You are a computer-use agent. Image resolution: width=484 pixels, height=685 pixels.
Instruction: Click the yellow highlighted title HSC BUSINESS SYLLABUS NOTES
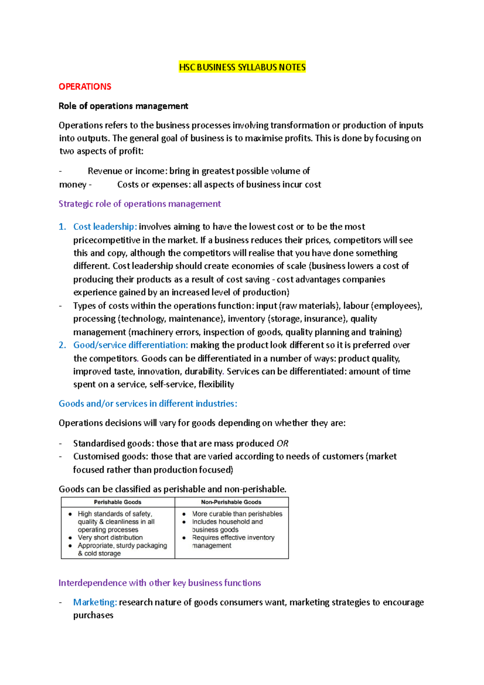(x=242, y=67)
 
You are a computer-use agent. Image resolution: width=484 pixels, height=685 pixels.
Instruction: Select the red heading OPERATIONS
(x=85, y=87)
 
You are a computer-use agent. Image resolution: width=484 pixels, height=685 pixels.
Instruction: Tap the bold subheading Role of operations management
(x=123, y=106)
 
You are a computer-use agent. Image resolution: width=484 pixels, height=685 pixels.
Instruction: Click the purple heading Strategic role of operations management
(x=140, y=204)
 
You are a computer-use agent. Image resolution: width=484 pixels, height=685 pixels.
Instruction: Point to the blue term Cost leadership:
(x=105, y=227)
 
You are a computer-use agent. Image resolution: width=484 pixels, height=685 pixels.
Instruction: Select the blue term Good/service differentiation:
(x=130, y=345)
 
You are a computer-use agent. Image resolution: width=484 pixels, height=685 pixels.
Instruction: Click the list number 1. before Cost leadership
(x=62, y=227)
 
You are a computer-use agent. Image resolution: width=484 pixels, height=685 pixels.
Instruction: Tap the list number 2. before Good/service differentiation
(x=62, y=345)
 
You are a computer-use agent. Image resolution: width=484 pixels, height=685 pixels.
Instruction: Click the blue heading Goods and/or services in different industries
(x=148, y=403)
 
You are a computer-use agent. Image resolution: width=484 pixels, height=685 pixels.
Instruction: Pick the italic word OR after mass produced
(x=282, y=443)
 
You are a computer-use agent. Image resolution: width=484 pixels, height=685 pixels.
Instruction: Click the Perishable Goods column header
(x=117, y=502)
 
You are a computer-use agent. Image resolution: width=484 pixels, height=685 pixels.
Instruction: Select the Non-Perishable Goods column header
(x=231, y=502)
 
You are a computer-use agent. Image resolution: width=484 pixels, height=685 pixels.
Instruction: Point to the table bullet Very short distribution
(x=110, y=537)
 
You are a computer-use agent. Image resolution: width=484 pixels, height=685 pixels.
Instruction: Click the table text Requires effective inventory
(x=233, y=537)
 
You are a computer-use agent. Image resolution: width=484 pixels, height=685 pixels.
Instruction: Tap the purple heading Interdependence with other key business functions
(x=160, y=583)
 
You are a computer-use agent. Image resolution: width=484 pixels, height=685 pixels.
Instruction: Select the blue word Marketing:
(x=95, y=602)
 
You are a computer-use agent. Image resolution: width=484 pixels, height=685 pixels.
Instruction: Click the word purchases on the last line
(x=93, y=615)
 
